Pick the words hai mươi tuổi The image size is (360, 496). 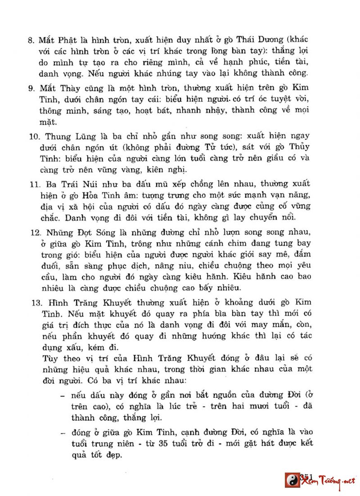266,406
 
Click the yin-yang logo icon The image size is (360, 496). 292,480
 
